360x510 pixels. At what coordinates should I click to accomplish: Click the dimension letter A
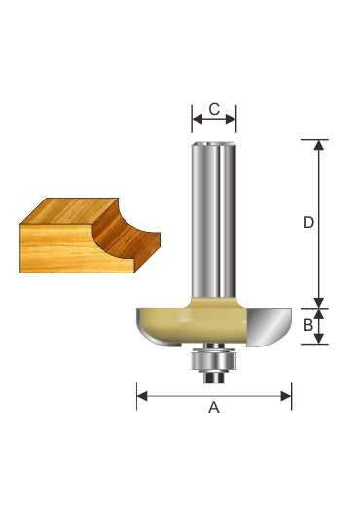(214, 407)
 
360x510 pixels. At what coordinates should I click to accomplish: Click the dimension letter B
(307, 325)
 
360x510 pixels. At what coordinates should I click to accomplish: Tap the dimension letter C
(214, 109)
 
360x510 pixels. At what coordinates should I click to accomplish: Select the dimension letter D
(308, 223)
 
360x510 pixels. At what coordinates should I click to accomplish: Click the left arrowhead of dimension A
(142, 396)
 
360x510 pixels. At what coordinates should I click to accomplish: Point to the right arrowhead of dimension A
(286, 396)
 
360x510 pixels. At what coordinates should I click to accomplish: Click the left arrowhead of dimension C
(198, 120)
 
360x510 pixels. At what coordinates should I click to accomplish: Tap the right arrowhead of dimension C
(231, 120)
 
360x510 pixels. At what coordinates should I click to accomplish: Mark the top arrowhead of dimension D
(319, 145)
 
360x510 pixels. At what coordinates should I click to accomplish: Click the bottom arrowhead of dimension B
(319, 339)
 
